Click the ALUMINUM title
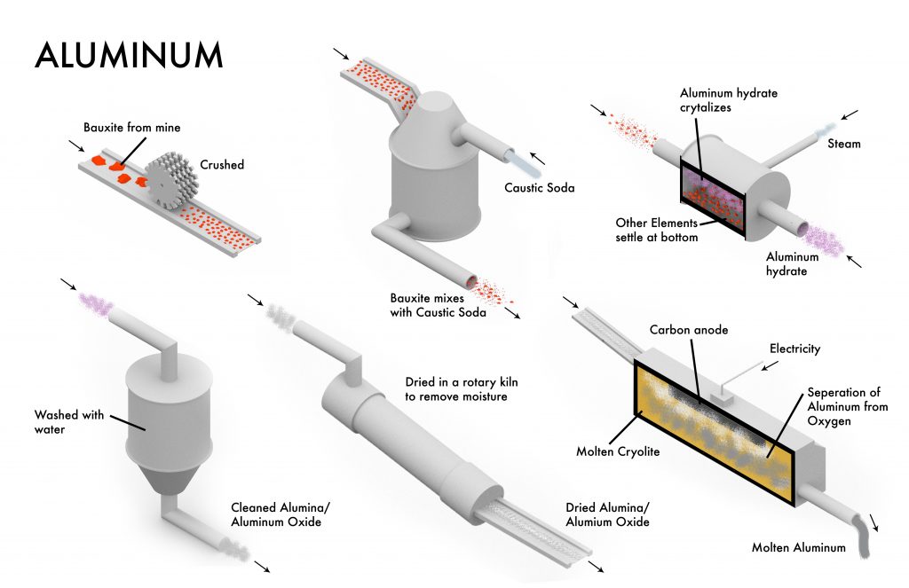coord(129,54)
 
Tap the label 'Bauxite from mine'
coord(132,128)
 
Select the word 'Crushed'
coord(222,165)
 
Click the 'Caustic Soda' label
coord(540,187)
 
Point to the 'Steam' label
coord(843,144)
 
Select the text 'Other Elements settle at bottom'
coord(657,230)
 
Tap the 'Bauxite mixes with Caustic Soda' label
coord(439,304)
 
